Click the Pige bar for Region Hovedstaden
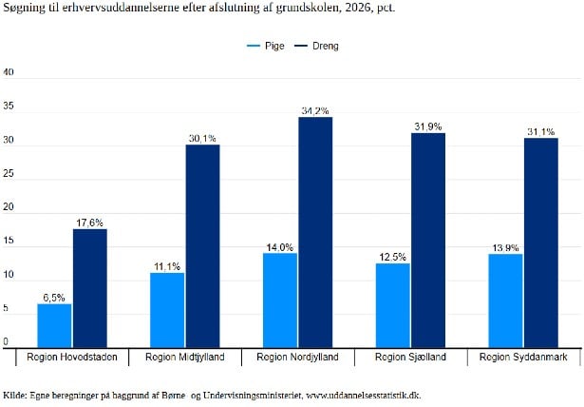(54, 325)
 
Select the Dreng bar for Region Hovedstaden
(89, 288)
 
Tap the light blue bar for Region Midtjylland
(167, 310)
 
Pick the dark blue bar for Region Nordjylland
(315, 232)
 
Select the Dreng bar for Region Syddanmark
(540, 242)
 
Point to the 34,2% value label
(315, 111)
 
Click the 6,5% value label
(54, 298)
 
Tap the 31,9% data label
(427, 126)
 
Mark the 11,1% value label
(167, 266)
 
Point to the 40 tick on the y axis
(8, 72)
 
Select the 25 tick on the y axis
(8, 174)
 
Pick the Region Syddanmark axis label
(523, 358)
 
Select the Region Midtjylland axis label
(184, 358)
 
